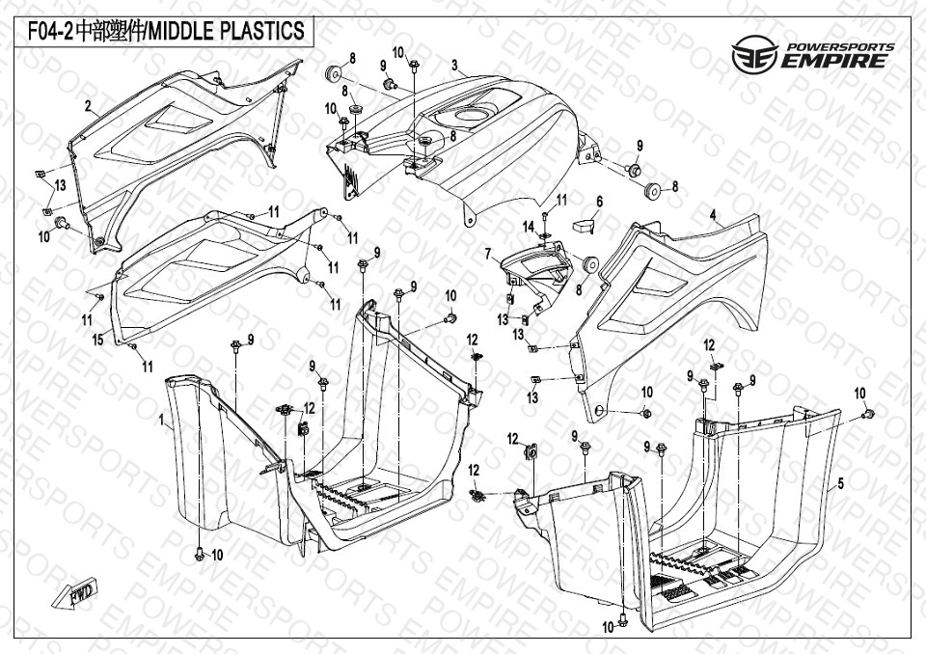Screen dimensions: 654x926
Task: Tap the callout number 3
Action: [453, 66]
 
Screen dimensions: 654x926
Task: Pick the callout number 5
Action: [840, 483]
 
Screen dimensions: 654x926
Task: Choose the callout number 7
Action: [488, 255]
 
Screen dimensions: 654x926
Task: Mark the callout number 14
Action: [528, 226]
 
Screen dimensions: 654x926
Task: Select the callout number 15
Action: [96, 340]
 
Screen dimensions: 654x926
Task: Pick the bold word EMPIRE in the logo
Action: [834, 62]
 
